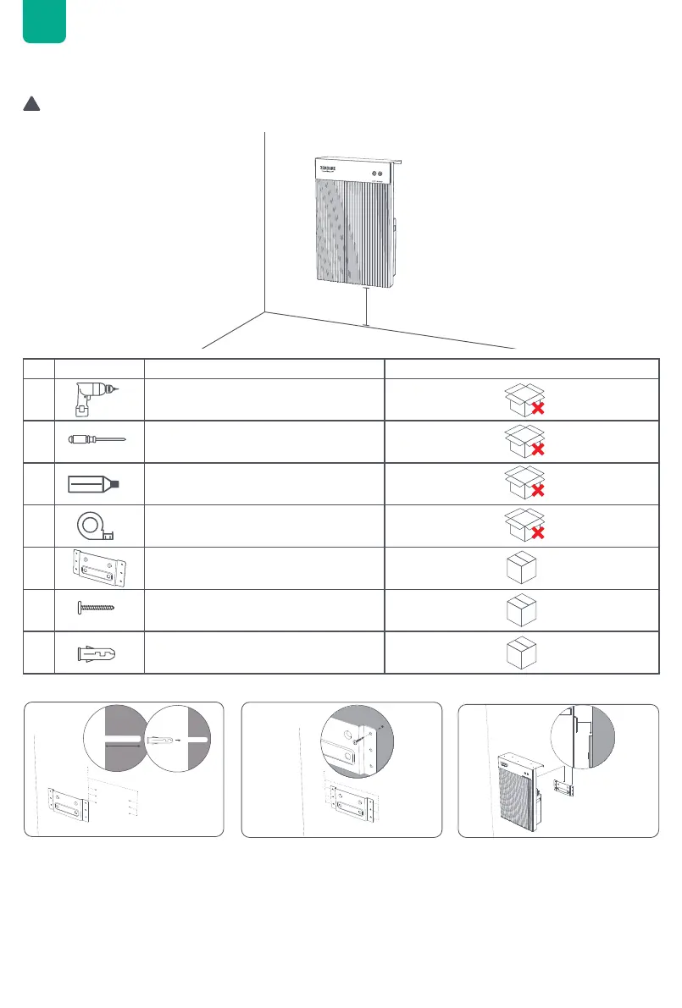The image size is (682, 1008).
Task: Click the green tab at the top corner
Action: (44, 20)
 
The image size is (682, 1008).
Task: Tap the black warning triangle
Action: (31, 104)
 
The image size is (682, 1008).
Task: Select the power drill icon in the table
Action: (96, 398)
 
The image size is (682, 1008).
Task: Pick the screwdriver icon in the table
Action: (96, 440)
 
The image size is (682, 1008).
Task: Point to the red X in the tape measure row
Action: (536, 535)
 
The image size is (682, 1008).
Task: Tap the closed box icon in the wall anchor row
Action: (521, 652)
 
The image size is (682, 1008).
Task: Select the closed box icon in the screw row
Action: (521, 609)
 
